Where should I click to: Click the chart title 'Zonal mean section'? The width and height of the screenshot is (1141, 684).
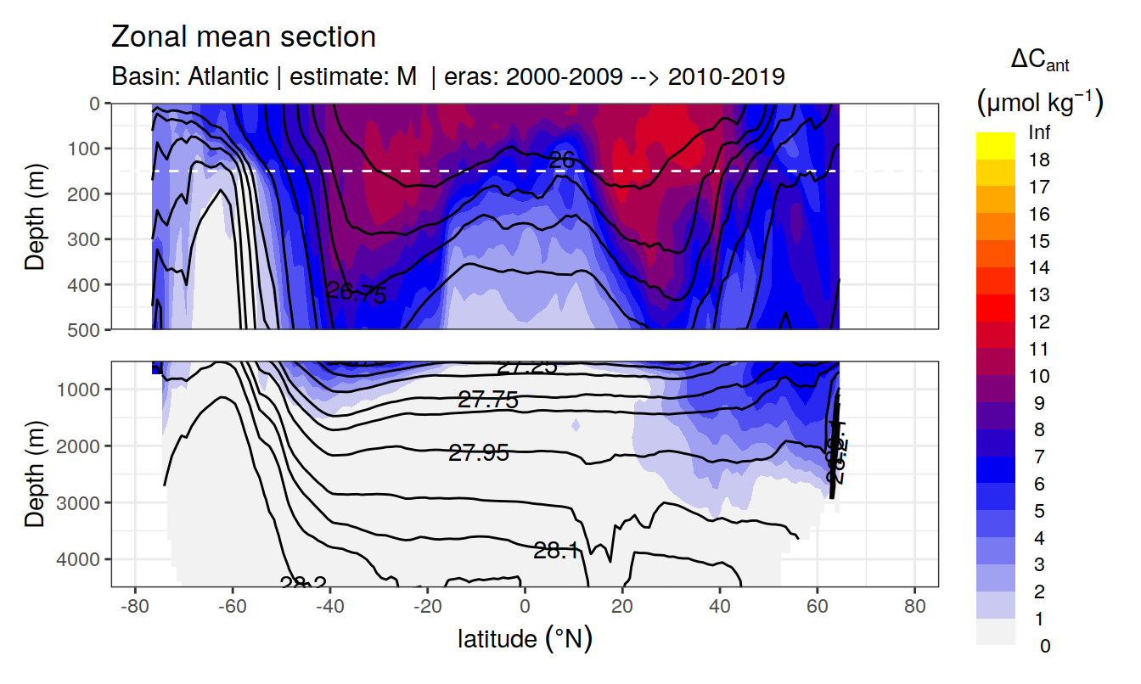tap(243, 37)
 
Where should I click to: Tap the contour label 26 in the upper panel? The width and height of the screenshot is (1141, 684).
tap(562, 159)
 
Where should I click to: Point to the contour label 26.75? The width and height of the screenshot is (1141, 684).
tap(357, 294)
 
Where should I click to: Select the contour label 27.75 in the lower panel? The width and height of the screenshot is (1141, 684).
tap(488, 400)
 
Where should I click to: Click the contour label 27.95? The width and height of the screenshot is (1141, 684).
tap(479, 453)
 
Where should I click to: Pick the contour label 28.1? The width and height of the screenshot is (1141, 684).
tap(556, 551)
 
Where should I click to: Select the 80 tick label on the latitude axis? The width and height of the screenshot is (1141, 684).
tap(914, 608)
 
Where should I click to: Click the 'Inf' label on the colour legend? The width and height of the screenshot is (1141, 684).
tap(1039, 133)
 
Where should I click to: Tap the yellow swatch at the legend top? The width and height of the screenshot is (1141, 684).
tap(996, 140)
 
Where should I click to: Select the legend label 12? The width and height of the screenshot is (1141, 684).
tap(1039, 322)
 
